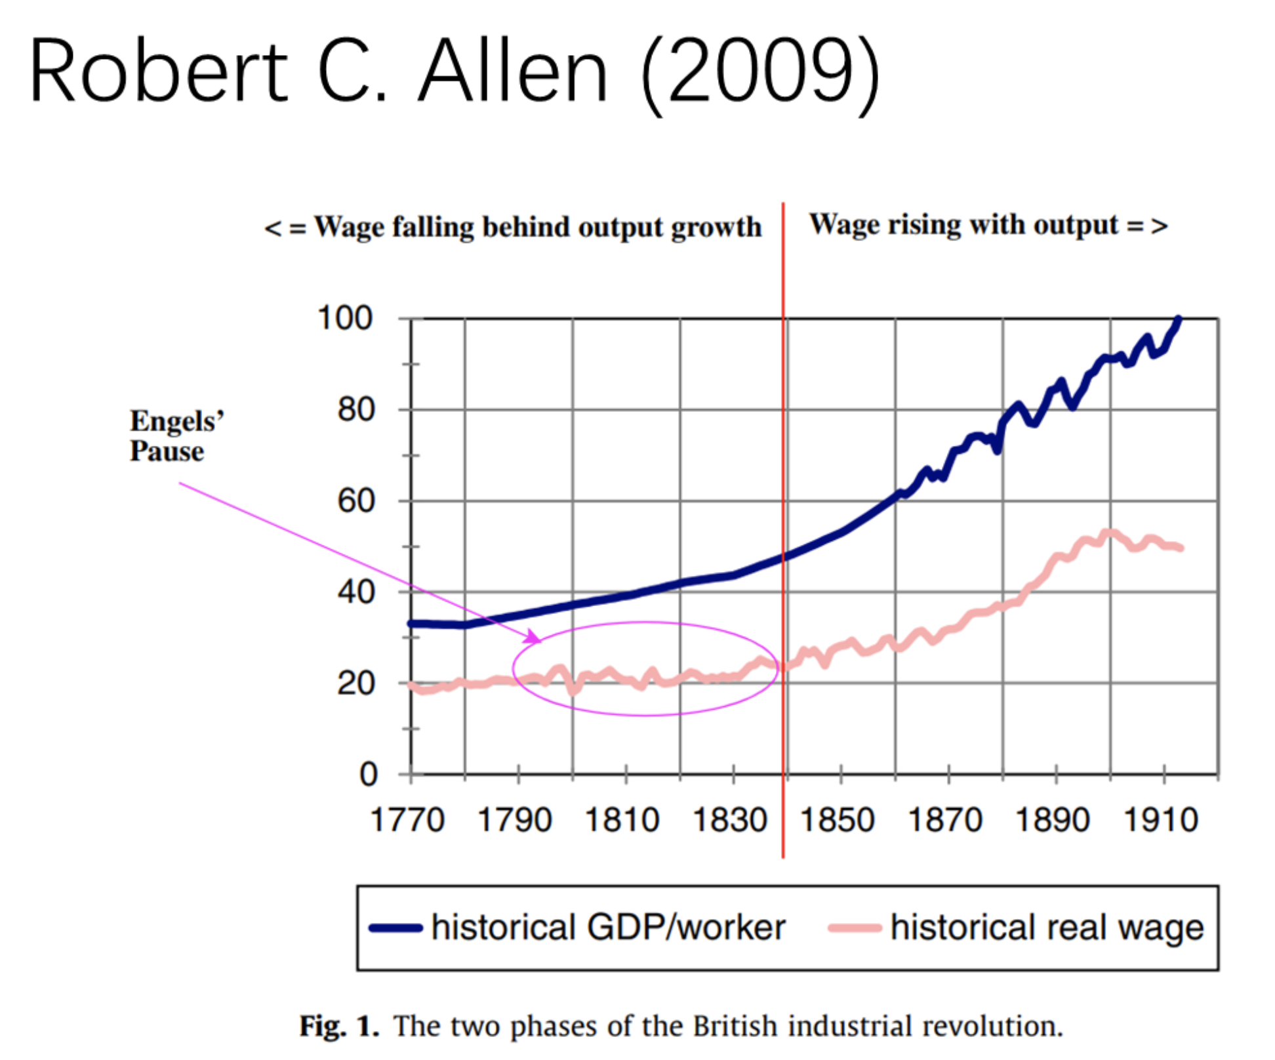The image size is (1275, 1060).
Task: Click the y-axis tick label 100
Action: tap(344, 319)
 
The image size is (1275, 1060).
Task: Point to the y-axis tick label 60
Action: tap(355, 501)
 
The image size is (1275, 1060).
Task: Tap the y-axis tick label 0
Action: tap(368, 775)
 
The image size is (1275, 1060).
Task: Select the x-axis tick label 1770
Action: tap(407, 820)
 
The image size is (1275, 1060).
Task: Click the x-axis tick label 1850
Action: tap(837, 820)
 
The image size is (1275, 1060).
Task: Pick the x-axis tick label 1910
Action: tap(1160, 820)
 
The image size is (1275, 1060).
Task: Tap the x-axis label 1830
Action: tap(729, 820)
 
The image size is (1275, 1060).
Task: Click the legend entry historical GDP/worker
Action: tap(608, 927)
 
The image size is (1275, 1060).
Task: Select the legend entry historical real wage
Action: tap(1047, 927)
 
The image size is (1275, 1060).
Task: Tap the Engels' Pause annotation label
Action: tap(176, 436)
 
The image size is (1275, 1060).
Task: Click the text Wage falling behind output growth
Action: tap(513, 228)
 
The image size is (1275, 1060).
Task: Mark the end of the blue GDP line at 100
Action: tap(1179, 319)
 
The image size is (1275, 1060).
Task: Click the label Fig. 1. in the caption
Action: tap(339, 1026)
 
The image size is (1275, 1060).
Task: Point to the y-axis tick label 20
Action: tap(355, 683)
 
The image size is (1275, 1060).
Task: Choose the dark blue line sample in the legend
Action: tap(395, 927)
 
